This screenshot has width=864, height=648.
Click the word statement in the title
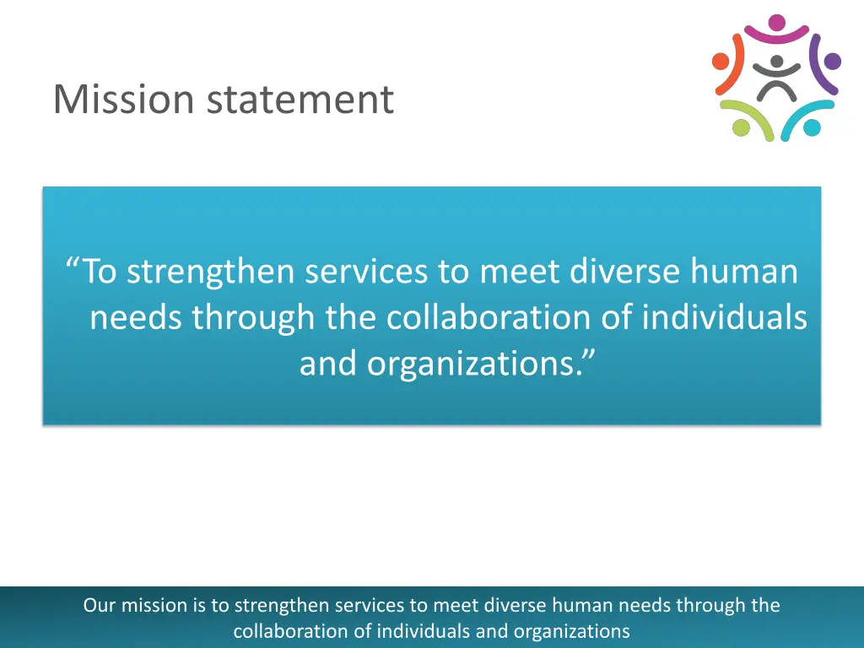(x=300, y=100)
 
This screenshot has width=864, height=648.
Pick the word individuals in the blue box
(x=724, y=317)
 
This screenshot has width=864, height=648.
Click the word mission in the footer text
(x=149, y=605)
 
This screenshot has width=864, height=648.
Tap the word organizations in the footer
(x=571, y=630)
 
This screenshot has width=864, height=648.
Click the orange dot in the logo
(x=721, y=61)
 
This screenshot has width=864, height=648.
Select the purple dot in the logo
(x=832, y=61)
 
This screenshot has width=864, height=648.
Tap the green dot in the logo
(x=742, y=127)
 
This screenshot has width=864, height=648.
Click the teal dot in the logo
(x=812, y=127)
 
